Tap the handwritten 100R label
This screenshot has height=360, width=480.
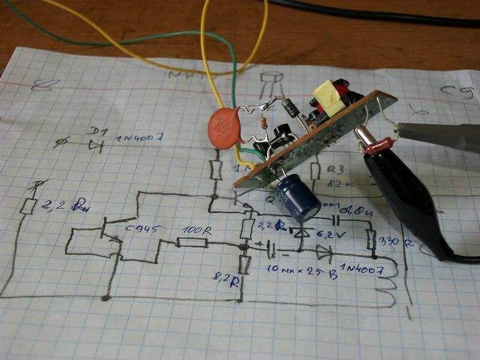tap(195, 230)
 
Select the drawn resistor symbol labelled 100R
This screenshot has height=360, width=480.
tap(192, 243)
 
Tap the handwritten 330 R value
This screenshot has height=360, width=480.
tap(397, 243)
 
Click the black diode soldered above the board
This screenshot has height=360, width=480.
tap(292, 109)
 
